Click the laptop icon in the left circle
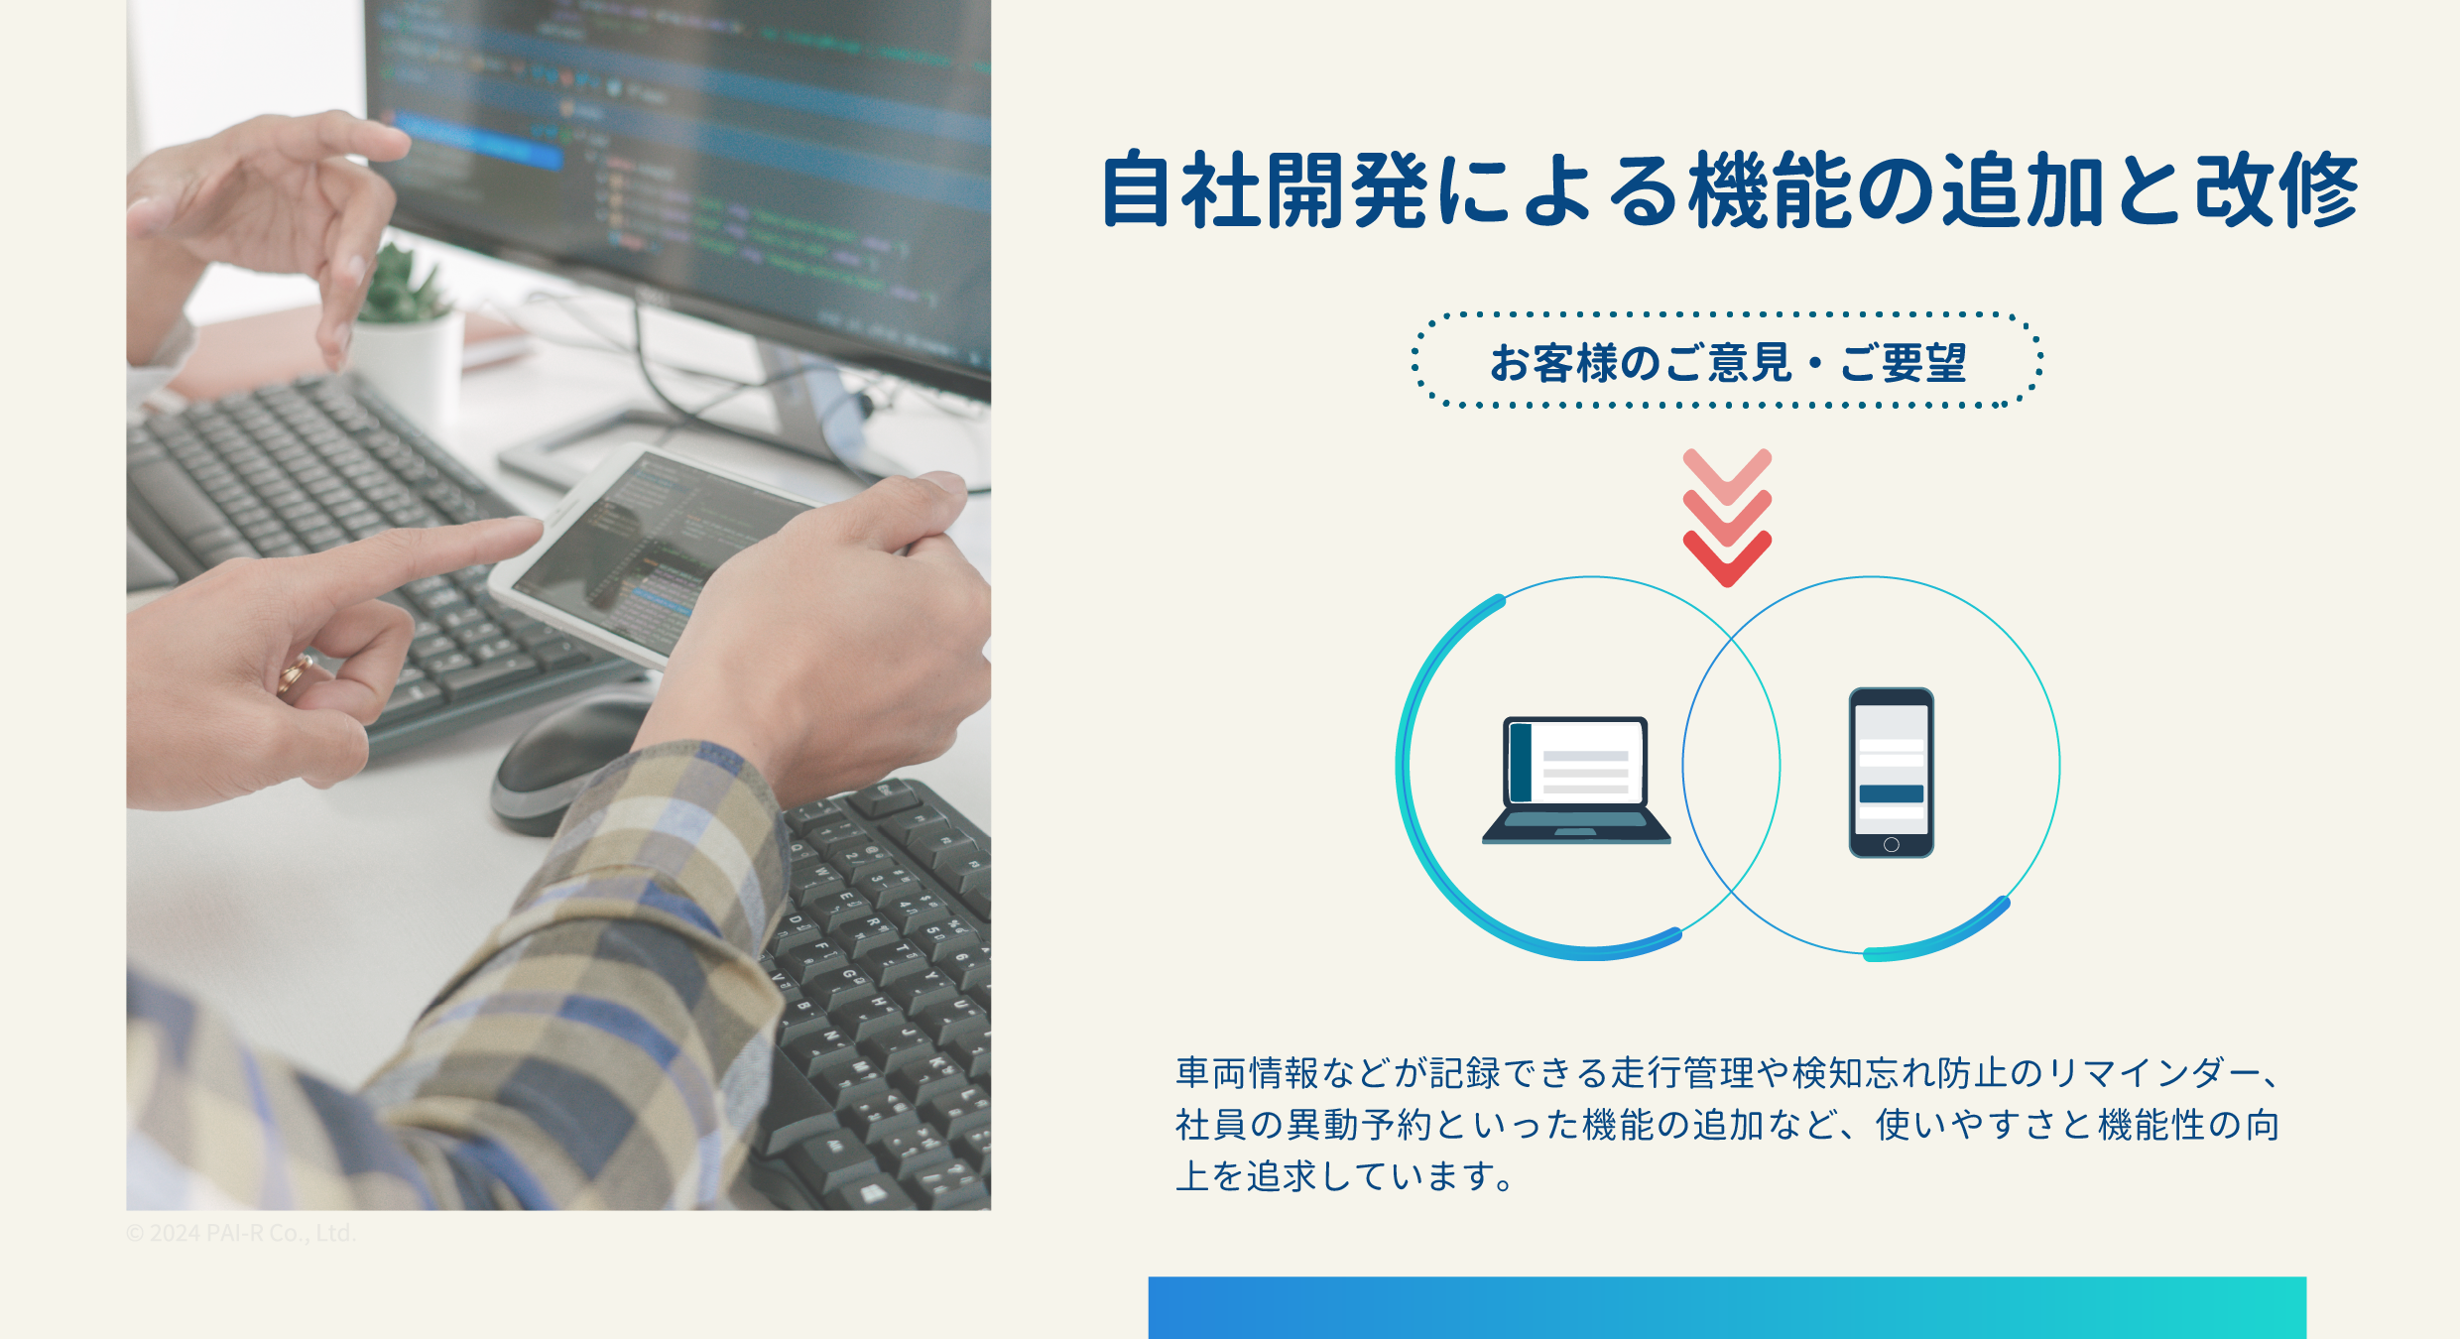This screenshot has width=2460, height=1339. click(1576, 780)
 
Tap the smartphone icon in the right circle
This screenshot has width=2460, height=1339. click(1891, 773)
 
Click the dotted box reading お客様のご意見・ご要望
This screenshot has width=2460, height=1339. click(1727, 360)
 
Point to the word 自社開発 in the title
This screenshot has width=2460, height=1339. click(1265, 190)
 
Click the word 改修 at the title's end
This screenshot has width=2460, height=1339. click(2277, 190)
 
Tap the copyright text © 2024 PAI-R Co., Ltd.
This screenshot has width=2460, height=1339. click(240, 1233)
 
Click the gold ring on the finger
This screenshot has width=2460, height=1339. click(295, 674)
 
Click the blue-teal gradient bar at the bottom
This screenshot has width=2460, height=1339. click(1727, 1307)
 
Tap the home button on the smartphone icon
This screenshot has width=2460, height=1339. click(1891, 845)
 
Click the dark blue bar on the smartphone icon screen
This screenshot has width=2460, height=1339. click(1891, 793)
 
